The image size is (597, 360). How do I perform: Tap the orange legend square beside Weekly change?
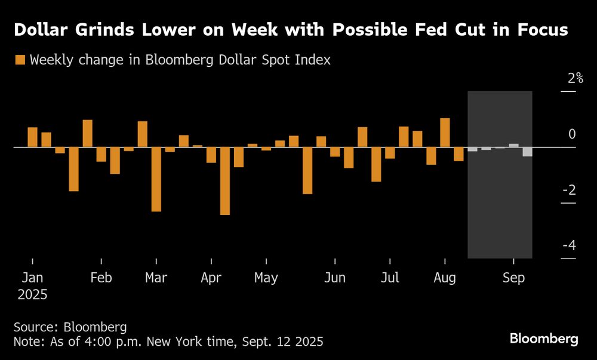coord(20,60)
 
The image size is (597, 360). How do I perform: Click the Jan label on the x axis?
coord(32,278)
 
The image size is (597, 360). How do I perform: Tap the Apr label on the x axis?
coord(211,278)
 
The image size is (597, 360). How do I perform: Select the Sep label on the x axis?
coord(513,278)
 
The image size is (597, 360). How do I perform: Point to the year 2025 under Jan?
coord(32,294)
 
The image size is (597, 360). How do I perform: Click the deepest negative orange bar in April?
coord(225,181)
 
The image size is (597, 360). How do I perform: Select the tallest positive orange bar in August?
coord(445,133)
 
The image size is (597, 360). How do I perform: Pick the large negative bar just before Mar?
coord(156,179)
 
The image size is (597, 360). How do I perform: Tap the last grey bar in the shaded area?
coord(527,152)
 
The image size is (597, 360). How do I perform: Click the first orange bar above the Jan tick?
coord(32,137)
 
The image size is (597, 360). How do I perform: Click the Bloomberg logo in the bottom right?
coord(544,339)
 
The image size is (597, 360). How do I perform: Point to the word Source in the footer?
coord(32,327)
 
